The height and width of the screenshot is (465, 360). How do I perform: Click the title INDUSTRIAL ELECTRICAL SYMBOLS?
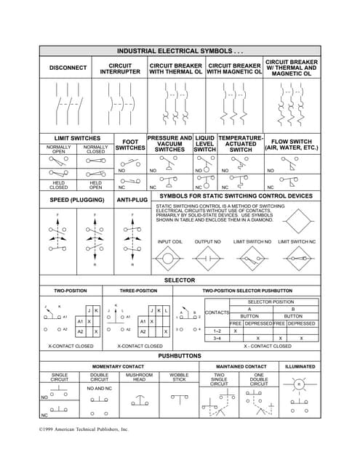coord(180,52)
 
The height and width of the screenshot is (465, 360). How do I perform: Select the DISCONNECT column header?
coord(68,68)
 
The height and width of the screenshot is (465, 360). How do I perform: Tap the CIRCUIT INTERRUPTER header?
coord(120,68)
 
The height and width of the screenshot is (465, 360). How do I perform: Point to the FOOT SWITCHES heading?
coord(131,145)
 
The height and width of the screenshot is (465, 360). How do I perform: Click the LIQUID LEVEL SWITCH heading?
coord(205,143)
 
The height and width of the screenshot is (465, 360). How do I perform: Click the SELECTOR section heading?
coord(180,280)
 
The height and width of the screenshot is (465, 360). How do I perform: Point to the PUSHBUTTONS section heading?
coord(180,357)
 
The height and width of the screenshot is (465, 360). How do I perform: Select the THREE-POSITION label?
coord(138,291)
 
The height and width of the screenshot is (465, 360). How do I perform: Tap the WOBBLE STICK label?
coord(179,378)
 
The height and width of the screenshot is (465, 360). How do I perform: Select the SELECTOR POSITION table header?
coord(271,302)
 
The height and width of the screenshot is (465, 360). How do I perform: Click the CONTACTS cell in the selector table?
coord(217,312)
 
